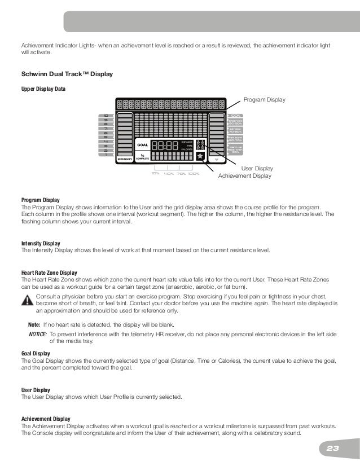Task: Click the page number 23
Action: pos(332,449)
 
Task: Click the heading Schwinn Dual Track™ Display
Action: pos(67,74)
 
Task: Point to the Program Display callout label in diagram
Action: pos(264,100)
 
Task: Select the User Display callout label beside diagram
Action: pos(257,169)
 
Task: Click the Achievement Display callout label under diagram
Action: pos(244,176)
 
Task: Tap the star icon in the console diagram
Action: pos(200,156)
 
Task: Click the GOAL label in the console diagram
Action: pos(143,145)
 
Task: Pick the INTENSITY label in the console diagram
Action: pos(125,160)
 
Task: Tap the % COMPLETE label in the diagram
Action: pos(143,156)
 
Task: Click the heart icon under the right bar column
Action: pos(217,160)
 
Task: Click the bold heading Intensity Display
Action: pos(41,243)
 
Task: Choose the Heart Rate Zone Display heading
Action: pos(49,272)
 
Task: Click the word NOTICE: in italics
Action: pos(37,334)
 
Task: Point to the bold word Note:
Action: pos(34,325)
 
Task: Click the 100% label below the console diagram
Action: pos(194,174)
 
